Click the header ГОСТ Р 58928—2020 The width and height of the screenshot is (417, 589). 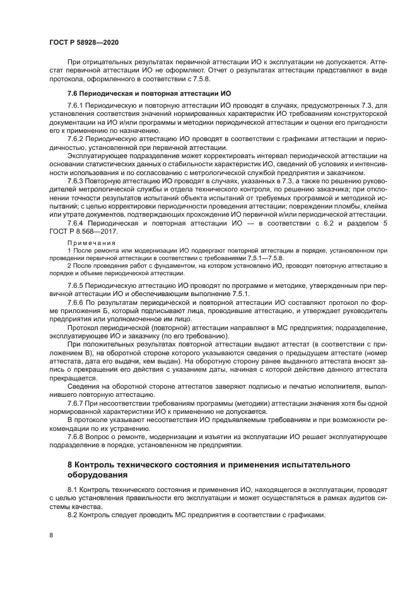[84, 42]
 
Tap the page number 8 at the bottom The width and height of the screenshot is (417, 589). [51, 535]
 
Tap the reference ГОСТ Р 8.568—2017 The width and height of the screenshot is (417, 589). [85, 232]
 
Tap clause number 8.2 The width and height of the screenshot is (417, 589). [72, 515]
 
